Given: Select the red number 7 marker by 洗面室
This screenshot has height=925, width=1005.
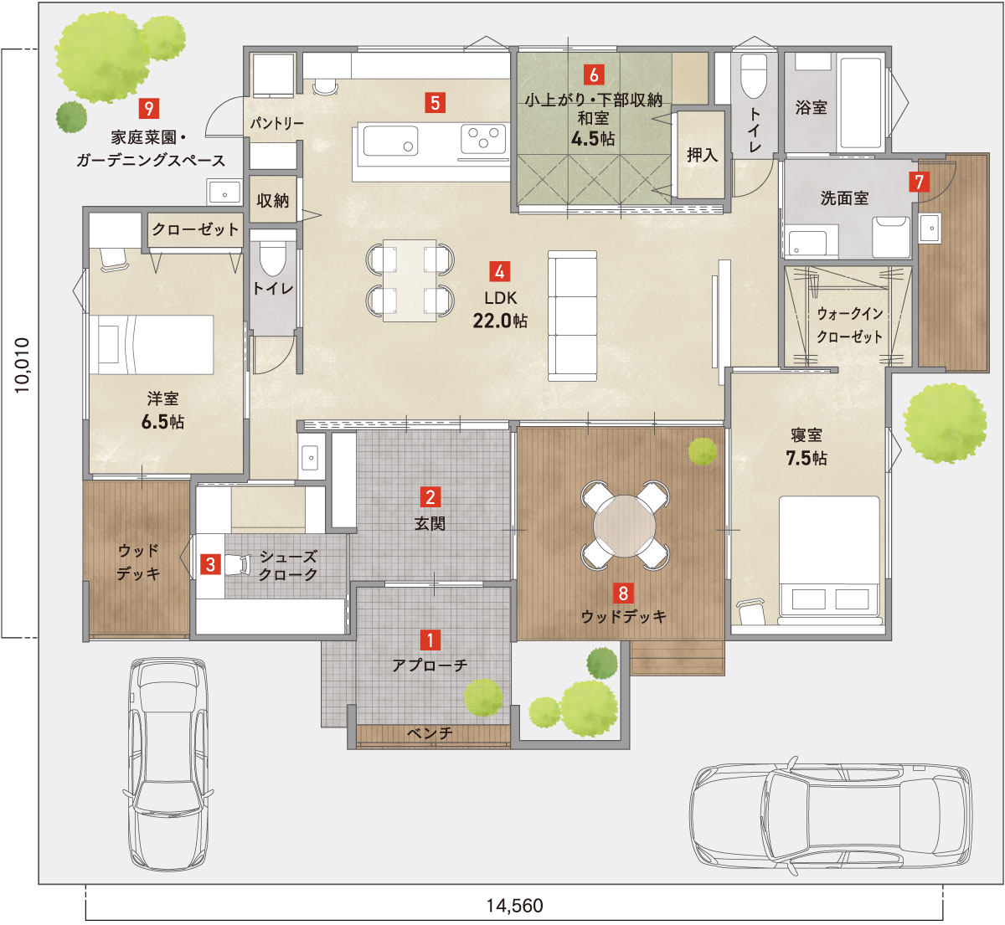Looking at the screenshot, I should point(920,182).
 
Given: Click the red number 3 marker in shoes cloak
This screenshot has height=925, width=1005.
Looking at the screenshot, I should point(210,564).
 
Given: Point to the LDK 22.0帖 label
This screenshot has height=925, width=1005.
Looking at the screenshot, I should point(500,309).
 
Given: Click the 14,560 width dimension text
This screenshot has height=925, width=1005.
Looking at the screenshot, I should point(514,906).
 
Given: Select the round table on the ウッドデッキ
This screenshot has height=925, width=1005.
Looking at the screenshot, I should point(624,526).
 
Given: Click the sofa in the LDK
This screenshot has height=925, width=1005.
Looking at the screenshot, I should point(573,316).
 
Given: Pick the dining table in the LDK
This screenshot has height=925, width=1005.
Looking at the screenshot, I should point(410,280).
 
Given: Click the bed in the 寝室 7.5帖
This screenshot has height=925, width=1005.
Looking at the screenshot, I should point(829,559).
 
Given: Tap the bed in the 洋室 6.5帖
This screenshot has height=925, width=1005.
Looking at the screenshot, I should point(151,344).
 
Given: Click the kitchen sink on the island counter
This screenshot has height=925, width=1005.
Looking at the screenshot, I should point(390,140).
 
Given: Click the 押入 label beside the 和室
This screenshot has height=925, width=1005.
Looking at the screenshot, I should point(702,155).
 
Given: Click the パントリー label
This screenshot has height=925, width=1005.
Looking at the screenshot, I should point(276,123).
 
